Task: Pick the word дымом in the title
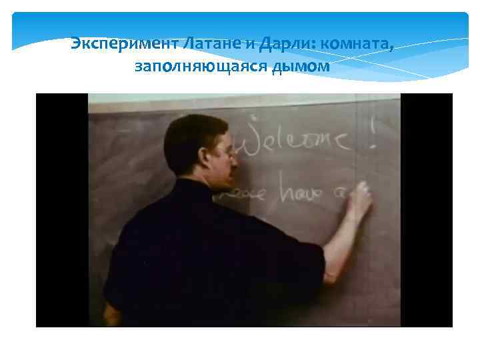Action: click(300, 67)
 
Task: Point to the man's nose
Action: click(234, 160)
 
